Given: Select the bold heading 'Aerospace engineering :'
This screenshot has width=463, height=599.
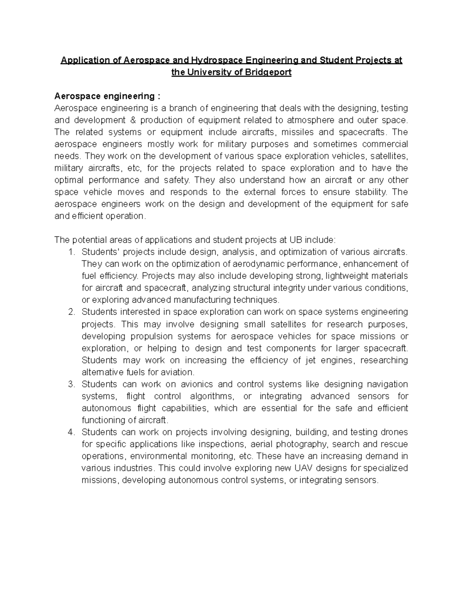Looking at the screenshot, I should [x=107, y=96].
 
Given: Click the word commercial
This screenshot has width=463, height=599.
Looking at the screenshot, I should [x=384, y=144].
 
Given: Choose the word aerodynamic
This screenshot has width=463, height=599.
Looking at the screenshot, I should [x=243, y=264].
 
